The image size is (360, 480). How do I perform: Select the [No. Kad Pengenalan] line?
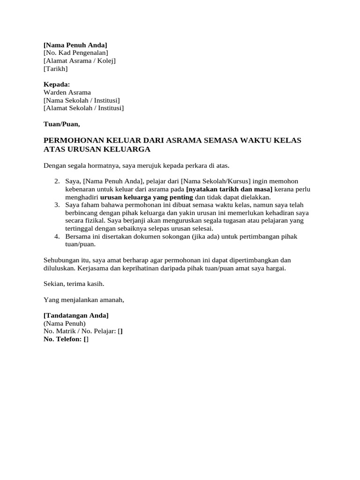pyautogui.click(x=75, y=53)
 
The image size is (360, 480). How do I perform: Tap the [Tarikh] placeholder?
pyautogui.click(x=55, y=69)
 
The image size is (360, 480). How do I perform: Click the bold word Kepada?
pyautogui.click(x=56, y=84)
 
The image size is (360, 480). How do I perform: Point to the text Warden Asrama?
pyautogui.click(x=67, y=92)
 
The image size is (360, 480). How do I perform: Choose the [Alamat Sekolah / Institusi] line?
pyautogui.click(x=83, y=108)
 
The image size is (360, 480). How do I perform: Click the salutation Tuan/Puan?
pyautogui.click(x=61, y=124)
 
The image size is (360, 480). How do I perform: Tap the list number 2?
pyautogui.click(x=57, y=181)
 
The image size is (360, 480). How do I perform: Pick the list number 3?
pyautogui.click(x=57, y=205)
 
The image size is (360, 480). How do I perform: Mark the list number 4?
pyautogui.click(x=57, y=237)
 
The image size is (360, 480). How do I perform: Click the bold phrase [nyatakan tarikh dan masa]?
pyautogui.click(x=229, y=189)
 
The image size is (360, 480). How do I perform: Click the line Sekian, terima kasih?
pyautogui.click(x=74, y=284)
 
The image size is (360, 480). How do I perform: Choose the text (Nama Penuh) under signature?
pyautogui.click(x=64, y=323)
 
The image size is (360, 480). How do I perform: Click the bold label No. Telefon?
pyautogui.click(x=62, y=339)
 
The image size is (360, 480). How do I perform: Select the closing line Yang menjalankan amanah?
pyautogui.click(x=84, y=300)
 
